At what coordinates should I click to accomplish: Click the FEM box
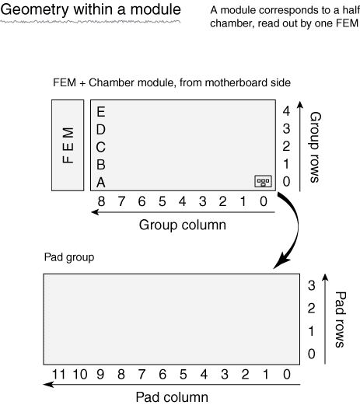(x=68, y=145)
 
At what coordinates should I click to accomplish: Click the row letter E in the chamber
(x=101, y=112)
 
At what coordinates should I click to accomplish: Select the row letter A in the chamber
(x=101, y=182)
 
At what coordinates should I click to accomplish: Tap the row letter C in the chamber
(x=101, y=147)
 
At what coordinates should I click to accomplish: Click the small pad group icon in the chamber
(x=264, y=181)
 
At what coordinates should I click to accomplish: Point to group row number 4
(x=286, y=111)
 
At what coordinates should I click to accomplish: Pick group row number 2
(x=286, y=146)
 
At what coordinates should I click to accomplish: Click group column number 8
(x=101, y=201)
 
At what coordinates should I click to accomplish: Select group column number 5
(x=163, y=201)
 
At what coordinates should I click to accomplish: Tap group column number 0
(x=264, y=201)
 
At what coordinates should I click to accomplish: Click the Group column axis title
(x=183, y=225)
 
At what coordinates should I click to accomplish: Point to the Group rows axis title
(x=316, y=147)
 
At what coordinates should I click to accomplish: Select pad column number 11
(x=58, y=375)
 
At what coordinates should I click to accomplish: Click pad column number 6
(x=163, y=375)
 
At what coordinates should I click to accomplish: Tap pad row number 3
(x=312, y=285)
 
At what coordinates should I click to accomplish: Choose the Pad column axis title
(x=172, y=397)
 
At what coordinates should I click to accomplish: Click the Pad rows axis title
(x=341, y=319)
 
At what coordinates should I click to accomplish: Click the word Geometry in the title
(x=35, y=10)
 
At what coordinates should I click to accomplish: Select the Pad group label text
(x=69, y=257)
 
